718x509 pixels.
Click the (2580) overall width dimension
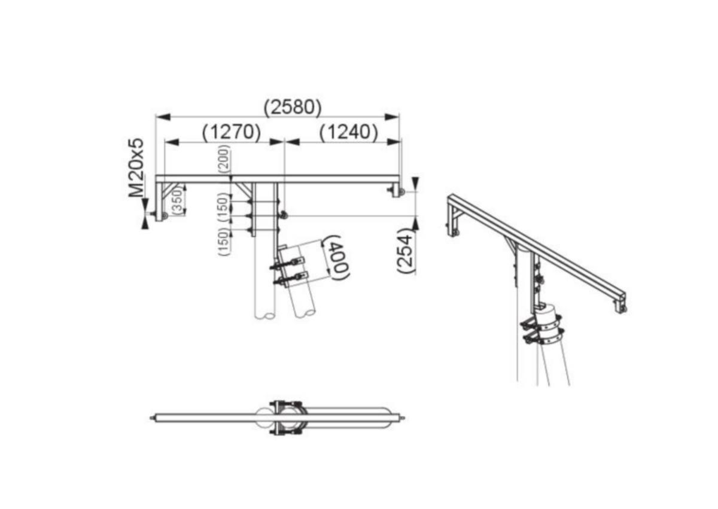pyautogui.click(x=293, y=107)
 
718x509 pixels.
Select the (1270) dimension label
pyautogui.click(x=232, y=132)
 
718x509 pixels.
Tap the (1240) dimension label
pyautogui.click(x=348, y=132)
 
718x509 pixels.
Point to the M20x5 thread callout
pyautogui.click(x=136, y=167)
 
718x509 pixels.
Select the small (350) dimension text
pyautogui.click(x=177, y=201)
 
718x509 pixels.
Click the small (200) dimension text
pyautogui.click(x=224, y=159)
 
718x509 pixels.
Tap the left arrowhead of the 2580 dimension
pyautogui.click(x=163, y=117)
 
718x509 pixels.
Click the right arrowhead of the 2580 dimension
pyautogui.click(x=392, y=117)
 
